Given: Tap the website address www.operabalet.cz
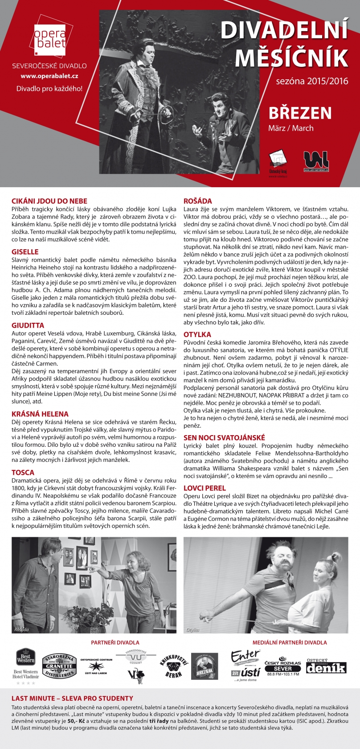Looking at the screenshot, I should (x=49, y=77).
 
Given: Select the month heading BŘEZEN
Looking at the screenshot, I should (x=300, y=113).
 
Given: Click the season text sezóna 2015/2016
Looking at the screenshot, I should (x=312, y=82).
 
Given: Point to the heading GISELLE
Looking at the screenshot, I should (x=25, y=252).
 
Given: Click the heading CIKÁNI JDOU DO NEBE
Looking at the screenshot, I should (x=49, y=201).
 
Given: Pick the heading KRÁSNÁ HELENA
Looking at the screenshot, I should (x=40, y=414).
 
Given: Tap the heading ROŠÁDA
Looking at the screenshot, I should (x=198, y=201).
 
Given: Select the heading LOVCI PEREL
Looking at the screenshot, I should (x=205, y=488).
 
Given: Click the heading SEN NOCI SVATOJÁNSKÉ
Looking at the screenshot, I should (x=224, y=437).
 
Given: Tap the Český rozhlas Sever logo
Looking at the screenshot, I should (x=282, y=666).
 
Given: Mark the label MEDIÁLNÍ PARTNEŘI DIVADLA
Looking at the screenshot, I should (x=289, y=642).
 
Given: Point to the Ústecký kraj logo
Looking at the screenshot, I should (x=278, y=162).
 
